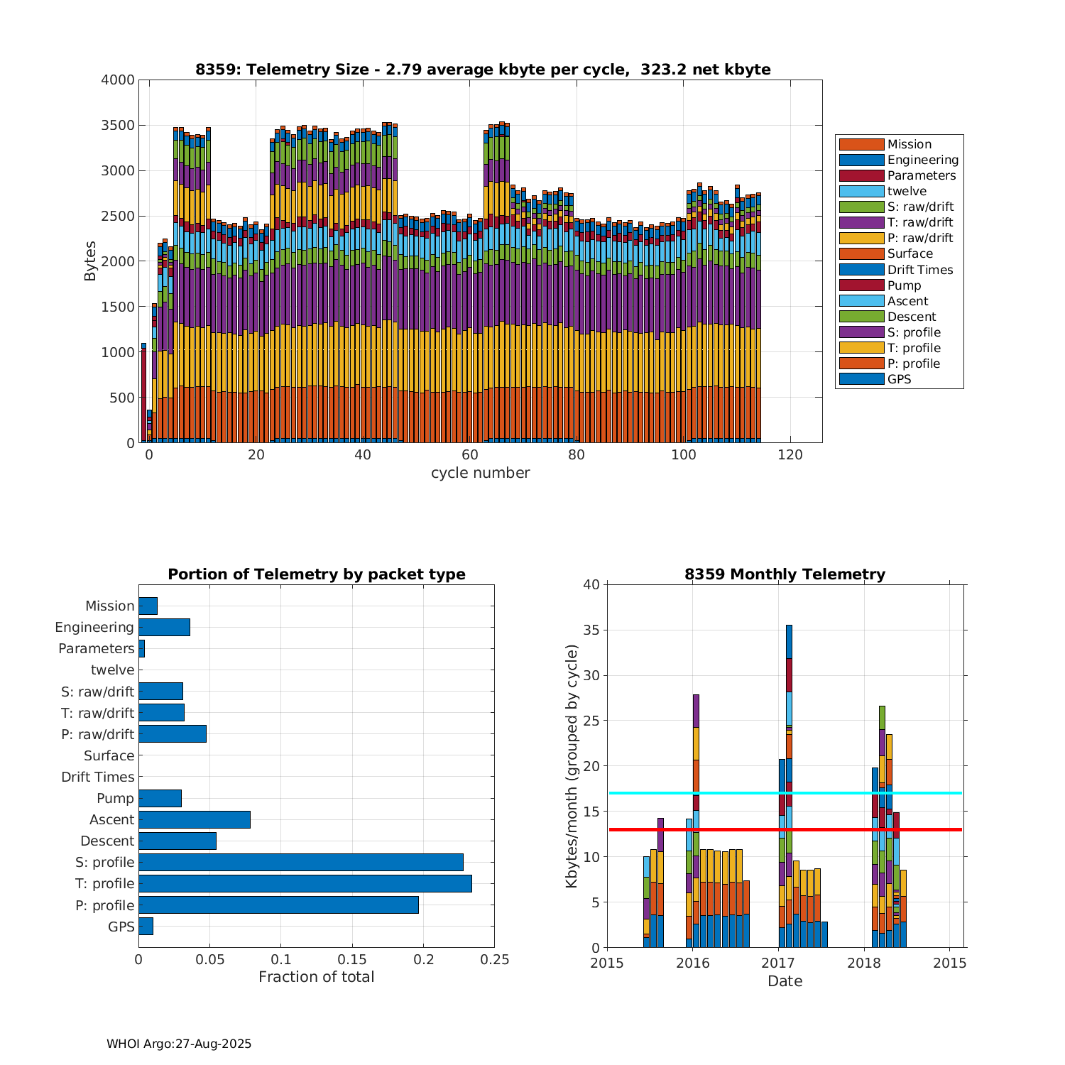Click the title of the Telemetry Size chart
point(483,70)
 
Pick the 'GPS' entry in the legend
point(899,379)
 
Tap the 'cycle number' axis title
point(480,473)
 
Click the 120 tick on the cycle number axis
point(790,455)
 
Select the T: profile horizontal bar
point(305,883)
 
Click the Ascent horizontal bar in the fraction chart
point(195,819)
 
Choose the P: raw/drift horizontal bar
point(173,734)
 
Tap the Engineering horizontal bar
point(164,627)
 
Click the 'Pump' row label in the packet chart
point(115,798)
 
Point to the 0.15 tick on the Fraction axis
point(352,960)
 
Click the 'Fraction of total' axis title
point(316,977)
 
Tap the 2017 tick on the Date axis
point(778,963)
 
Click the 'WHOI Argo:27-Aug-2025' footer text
point(179,1044)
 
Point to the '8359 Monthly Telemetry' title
point(785,574)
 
